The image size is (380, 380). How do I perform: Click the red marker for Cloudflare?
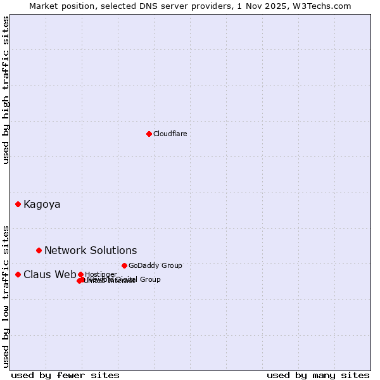coord(149,134)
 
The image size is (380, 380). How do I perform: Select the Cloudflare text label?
coord(170,134)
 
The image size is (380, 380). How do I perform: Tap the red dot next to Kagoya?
coord(18,204)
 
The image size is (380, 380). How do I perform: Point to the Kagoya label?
coord(42,204)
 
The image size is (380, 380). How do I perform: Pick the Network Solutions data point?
coord(39,250)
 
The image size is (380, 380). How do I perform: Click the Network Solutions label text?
coord(91,250)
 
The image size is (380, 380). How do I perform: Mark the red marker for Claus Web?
coord(18,274)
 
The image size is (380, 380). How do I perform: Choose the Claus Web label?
coord(49,274)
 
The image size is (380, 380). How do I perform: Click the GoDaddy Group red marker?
coord(124,265)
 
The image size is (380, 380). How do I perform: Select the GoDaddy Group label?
coord(155,265)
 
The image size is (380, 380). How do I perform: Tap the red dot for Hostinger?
coord(80,274)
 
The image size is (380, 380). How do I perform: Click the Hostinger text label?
coord(101,274)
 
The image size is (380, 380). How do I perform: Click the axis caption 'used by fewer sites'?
coord(65,375)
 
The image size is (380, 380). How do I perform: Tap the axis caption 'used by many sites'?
coord(318,375)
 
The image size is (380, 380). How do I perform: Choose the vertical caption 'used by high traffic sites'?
coord(6,90)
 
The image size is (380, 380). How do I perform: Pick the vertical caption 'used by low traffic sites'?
coord(6,296)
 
